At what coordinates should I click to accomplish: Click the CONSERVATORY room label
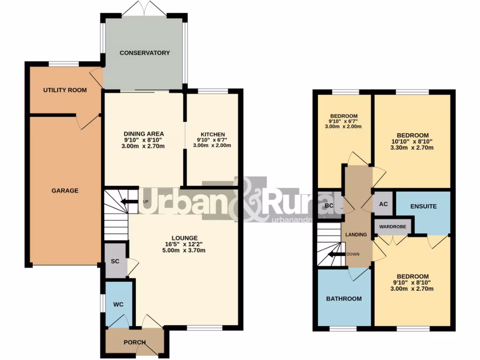pyautogui.click(x=144, y=53)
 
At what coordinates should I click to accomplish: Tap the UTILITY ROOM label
pyautogui.click(x=65, y=90)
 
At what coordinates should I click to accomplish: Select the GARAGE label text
pyautogui.click(x=65, y=191)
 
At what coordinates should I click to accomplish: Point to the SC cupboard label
pyautogui.click(x=115, y=261)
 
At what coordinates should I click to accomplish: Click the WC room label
pyautogui.click(x=118, y=304)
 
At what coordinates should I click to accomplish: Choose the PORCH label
pyautogui.click(x=135, y=342)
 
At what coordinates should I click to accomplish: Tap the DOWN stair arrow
pyautogui.click(x=335, y=255)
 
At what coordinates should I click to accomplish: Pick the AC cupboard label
pyautogui.click(x=383, y=205)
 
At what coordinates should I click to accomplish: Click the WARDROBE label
pyautogui.click(x=392, y=227)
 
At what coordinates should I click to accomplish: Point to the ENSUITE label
pyautogui.click(x=423, y=206)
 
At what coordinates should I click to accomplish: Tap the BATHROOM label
pyautogui.click(x=344, y=299)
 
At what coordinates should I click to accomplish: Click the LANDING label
pyautogui.click(x=356, y=234)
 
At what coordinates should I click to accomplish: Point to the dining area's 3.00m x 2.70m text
pyautogui.click(x=143, y=147)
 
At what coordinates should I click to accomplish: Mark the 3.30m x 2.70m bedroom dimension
pyautogui.click(x=412, y=148)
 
